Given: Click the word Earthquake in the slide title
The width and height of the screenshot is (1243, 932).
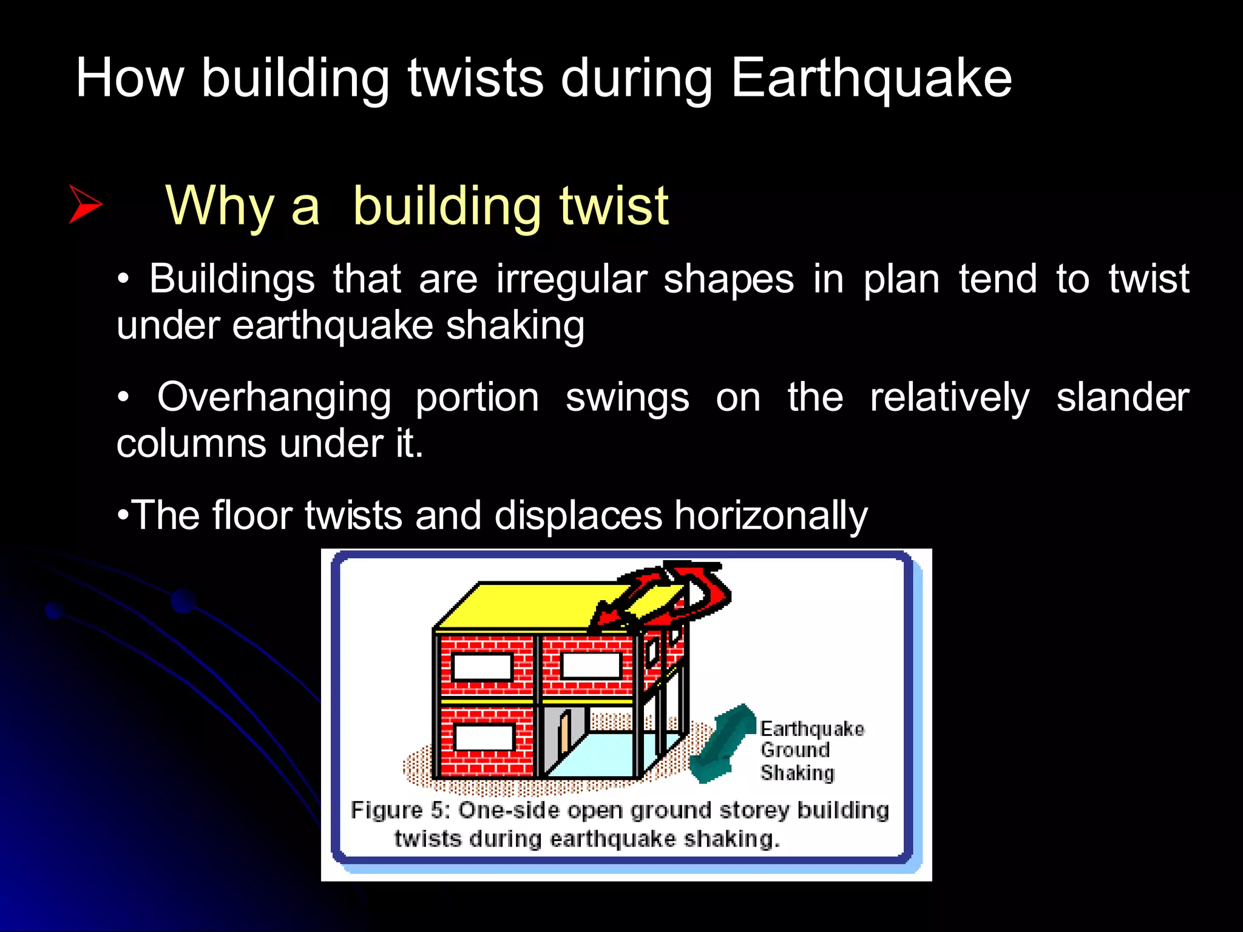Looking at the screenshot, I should coord(871,79).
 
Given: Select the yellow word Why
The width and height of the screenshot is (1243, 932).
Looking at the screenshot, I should coord(220,206).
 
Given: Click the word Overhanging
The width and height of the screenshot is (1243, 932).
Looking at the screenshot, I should coord(274,398).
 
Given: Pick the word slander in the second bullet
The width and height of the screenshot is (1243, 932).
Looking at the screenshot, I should coord(1122,398).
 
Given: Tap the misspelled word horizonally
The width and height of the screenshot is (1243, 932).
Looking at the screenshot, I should coord(771,516).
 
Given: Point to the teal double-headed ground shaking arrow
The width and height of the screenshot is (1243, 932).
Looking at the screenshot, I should coord(723,744).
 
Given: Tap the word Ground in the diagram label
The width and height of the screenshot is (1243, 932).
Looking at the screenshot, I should coord(794,750).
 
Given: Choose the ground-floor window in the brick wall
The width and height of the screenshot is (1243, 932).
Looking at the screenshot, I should coord(484,738).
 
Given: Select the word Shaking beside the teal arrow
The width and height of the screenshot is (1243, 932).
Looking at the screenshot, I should coord(798,773).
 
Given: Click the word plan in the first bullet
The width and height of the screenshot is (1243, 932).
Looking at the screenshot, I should coord(901,280).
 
